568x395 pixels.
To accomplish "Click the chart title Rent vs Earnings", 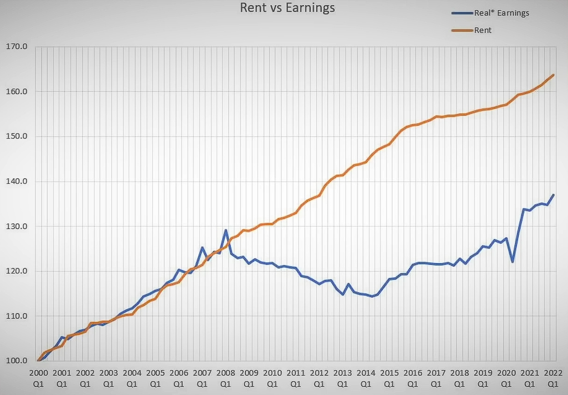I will coord(287,8).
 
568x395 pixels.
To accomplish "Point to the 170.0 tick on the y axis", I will coord(17,46).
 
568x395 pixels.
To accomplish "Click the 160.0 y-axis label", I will coord(17,92).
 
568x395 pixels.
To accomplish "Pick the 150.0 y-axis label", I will coord(17,137).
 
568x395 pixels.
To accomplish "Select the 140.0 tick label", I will coord(17,181).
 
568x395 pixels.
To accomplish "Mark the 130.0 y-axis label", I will coord(17,226).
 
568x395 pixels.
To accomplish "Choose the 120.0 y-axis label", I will coord(17,271).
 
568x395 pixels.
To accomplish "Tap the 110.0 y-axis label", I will coord(17,316).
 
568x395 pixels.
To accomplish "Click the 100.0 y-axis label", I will coord(17,361).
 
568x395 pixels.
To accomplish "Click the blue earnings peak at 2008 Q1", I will coord(226,230).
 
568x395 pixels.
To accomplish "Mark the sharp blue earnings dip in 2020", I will coord(512,262).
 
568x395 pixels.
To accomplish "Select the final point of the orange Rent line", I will coord(553,75).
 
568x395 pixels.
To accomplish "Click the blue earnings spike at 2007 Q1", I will coord(202,248).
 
